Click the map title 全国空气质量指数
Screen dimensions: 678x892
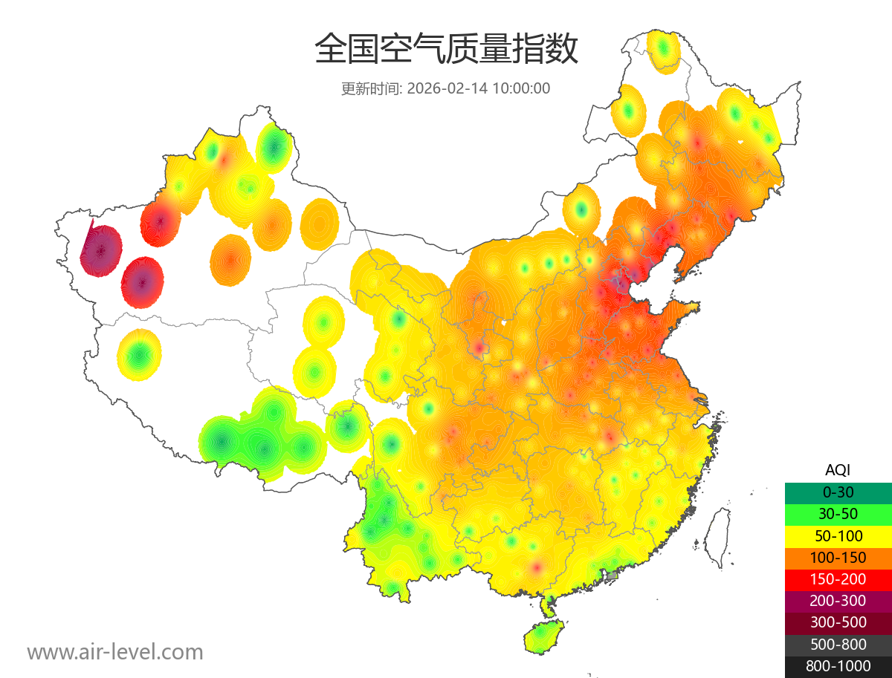coord(446,50)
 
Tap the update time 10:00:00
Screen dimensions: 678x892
coord(521,88)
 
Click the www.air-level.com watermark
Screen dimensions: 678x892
coord(115,652)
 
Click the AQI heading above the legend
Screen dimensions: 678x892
coord(838,469)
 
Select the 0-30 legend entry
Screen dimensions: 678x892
coord(838,492)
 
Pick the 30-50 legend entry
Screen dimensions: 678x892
coord(838,514)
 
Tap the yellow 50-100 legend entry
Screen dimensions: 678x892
coord(838,535)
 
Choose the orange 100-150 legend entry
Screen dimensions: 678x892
coord(838,557)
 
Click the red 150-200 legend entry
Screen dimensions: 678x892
coord(838,578)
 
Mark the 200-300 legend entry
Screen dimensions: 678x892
coord(838,601)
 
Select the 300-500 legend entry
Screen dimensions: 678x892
coord(838,622)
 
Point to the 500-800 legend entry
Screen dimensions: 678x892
coord(838,644)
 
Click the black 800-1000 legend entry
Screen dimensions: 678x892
coord(838,666)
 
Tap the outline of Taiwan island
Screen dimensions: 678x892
coord(717,536)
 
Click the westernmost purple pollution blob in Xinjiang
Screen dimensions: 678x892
coord(101,250)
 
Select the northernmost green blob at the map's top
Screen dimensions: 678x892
coord(663,49)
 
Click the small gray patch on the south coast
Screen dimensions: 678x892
coord(612,575)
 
